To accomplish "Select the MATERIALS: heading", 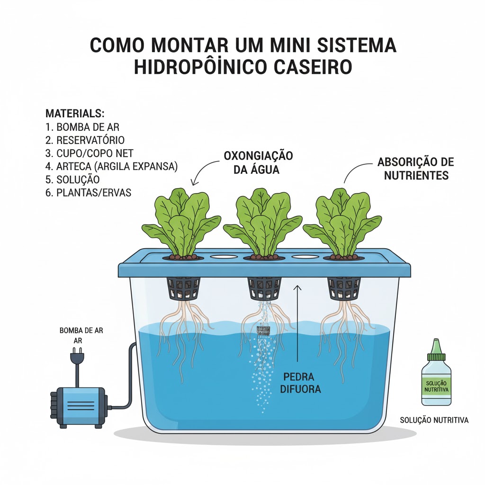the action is (x=75, y=114).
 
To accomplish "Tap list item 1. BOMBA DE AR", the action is (x=82, y=127).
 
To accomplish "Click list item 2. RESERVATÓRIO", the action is (x=85, y=140).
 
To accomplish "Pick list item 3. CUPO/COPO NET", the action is (x=90, y=153).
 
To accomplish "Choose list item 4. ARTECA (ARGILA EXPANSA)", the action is (x=112, y=167).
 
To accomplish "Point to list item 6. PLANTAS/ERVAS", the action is (x=89, y=193).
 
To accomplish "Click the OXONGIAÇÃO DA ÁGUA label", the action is (x=258, y=163).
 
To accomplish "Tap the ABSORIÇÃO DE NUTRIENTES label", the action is (x=416, y=169).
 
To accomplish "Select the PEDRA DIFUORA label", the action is (x=300, y=383).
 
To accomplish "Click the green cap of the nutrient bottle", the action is (x=436, y=350).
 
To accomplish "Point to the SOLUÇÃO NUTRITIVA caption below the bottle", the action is (x=434, y=420).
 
